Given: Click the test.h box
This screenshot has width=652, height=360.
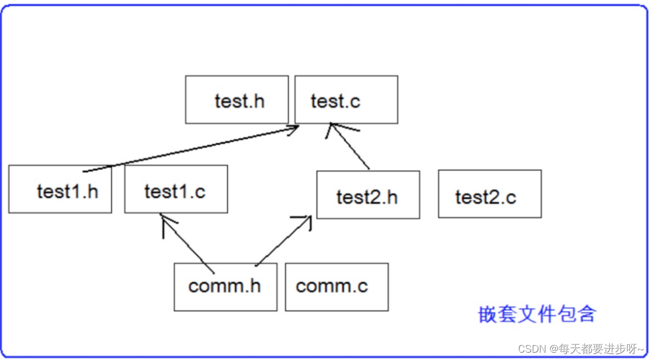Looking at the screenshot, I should coord(236,100).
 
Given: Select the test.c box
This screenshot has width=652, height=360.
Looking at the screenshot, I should coord(346,100).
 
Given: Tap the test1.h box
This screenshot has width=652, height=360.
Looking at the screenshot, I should coord(60,189).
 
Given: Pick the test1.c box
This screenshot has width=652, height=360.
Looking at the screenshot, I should coord(176,189).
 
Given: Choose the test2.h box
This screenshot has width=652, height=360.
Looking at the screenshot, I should coord(368,194).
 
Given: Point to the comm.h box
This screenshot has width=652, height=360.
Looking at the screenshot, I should coord(225,287).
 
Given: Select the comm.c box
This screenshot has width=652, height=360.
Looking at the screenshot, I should coord(336,287).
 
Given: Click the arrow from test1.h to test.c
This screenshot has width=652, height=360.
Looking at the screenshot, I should coord(191,149).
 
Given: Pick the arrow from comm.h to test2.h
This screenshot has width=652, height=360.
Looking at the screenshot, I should coord(283,241).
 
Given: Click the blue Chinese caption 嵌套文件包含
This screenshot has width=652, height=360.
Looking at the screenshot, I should coord(537,314).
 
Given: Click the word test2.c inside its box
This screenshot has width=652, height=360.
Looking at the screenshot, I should coord(485,197).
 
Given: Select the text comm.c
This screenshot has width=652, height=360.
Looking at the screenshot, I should coord(332,286).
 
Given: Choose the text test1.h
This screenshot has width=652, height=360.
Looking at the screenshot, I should coord(68,192).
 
